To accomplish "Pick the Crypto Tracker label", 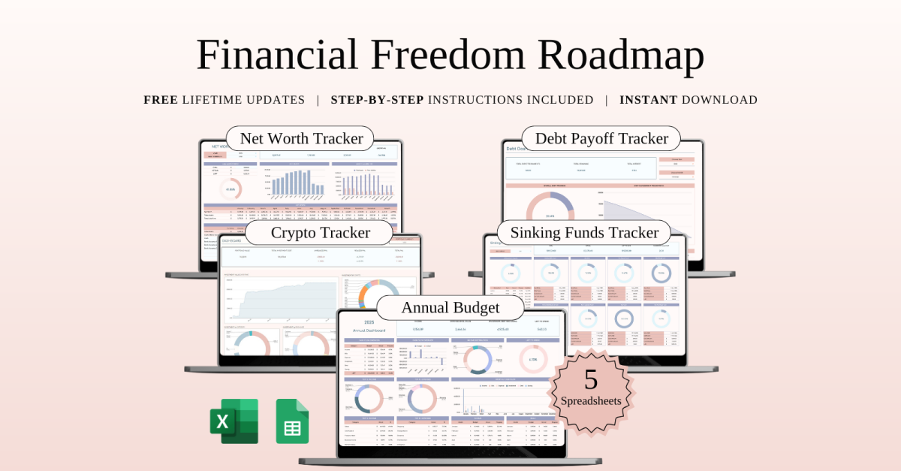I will [320, 232].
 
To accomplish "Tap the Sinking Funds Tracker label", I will [584, 232].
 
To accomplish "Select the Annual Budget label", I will [450, 307].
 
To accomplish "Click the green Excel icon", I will [234, 421].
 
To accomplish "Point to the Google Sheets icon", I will [292, 421].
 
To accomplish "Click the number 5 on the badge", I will [591, 379].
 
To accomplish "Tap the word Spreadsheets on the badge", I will [591, 401].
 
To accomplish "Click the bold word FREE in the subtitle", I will [161, 100].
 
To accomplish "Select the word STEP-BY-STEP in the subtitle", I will [377, 100].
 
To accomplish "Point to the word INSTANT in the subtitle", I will [648, 100].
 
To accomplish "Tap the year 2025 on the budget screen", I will [369, 322].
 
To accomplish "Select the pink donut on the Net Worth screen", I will [231, 189].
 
